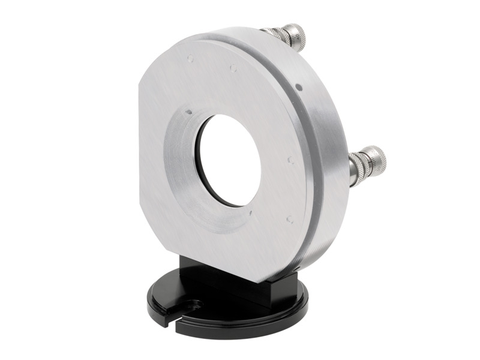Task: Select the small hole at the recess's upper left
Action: (188, 111)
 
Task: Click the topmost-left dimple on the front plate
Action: (190, 59)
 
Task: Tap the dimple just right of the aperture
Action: (290, 160)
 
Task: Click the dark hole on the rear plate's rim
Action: (299, 88)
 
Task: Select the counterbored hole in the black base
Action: (193, 305)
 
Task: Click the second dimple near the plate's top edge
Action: (233, 68)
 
